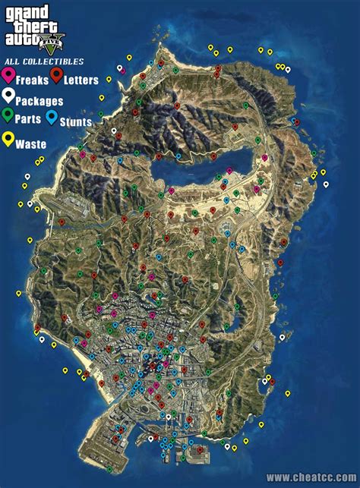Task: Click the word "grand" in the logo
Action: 26,11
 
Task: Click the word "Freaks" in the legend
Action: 30,79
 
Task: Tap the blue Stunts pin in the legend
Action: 51,117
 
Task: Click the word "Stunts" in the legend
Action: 76,121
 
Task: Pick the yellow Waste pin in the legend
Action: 9,139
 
